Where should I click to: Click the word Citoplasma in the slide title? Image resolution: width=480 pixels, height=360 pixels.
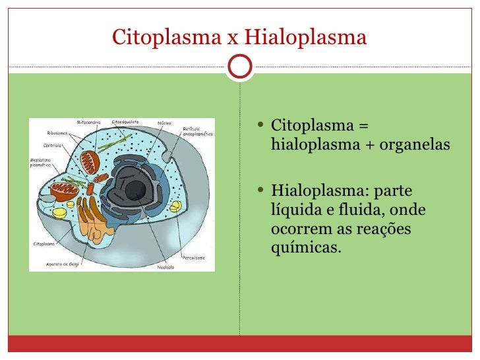166,37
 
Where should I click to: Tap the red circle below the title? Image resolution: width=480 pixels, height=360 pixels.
239,65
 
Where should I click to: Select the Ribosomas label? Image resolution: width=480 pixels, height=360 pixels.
57,133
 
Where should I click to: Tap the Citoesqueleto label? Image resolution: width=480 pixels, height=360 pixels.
124,123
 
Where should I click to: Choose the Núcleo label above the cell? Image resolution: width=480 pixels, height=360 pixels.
165,123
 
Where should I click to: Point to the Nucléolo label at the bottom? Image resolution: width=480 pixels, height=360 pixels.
165,268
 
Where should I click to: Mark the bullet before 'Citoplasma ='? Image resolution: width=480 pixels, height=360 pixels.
262,125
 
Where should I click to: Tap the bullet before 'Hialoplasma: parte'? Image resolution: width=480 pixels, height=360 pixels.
262,193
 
